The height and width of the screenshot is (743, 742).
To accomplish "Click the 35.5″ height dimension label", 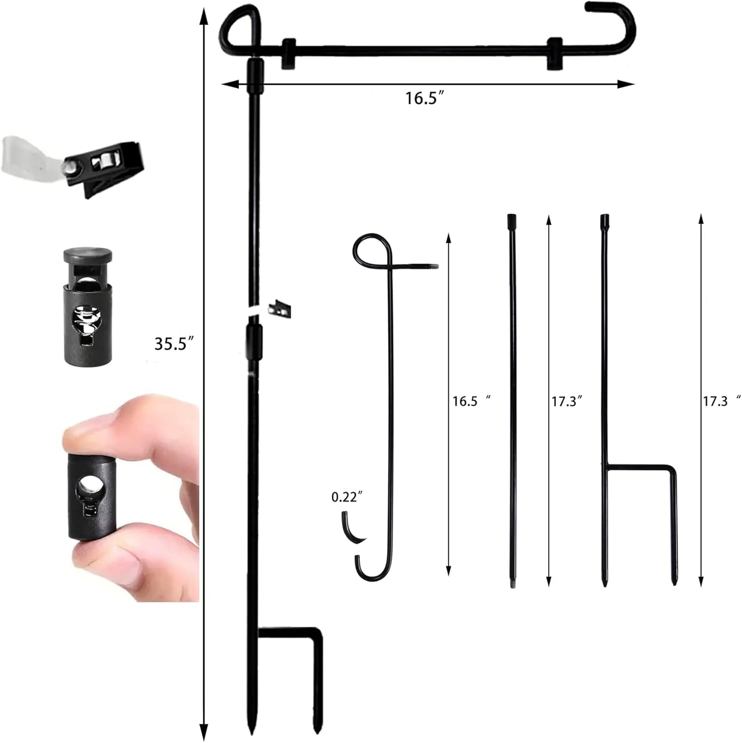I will pos(174,343).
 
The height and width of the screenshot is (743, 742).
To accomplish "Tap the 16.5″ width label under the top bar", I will pos(424,98).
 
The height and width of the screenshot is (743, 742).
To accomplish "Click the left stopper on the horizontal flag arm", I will pos(289,53).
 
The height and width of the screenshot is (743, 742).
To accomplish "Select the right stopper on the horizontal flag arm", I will pos(554,53).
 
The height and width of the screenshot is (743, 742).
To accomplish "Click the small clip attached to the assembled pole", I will pos(280,308).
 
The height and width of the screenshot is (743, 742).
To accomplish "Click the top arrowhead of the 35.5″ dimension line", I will pos(204,15).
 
